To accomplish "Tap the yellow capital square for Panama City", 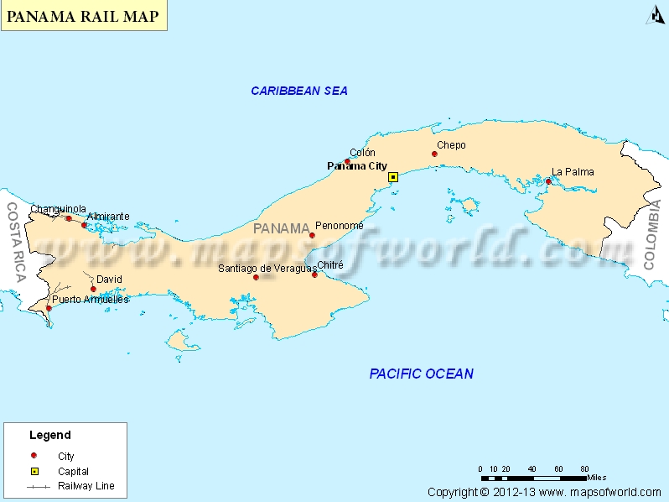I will coord(392,177).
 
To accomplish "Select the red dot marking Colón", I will coord(347,161).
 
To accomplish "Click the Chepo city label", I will coord(451,145).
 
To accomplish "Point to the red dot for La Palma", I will coord(548,181).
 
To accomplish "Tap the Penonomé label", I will coord(340,226).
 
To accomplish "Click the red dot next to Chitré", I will coord(314,275).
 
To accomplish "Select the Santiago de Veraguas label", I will coord(267,268).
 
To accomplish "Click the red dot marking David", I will coord(93,289).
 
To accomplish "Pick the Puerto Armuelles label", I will coord(91,299).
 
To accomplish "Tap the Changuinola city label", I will coord(58,209).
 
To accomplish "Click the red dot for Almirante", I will coord(84,225).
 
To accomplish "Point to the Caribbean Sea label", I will coord(299,91).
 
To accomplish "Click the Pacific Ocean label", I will coord(421,374).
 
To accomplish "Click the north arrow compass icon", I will coord(655,15).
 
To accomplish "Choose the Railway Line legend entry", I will coord(86,486).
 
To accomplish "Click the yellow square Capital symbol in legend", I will coord(34,471).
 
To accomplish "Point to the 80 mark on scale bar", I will coord(584,468).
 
